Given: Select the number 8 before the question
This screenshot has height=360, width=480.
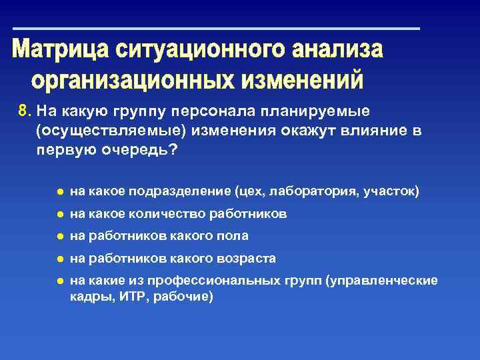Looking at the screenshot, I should click(x=22, y=110).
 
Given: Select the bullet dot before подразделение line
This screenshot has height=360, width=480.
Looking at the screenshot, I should click(x=59, y=192).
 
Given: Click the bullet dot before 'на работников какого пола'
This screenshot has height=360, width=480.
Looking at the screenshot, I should click(x=59, y=236).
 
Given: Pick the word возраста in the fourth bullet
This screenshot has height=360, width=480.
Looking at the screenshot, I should click(x=248, y=258).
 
